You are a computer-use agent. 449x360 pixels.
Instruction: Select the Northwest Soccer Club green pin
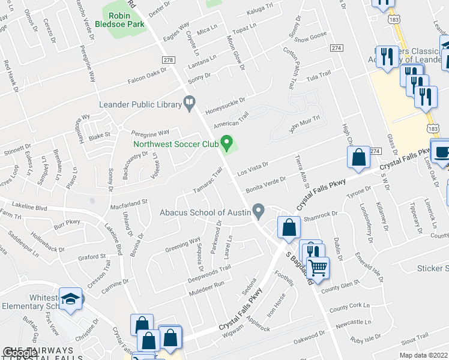(x=226, y=143)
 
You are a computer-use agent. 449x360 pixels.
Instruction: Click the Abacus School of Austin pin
(x=259, y=212)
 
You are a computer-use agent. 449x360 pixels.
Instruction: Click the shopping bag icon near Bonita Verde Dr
(x=358, y=158)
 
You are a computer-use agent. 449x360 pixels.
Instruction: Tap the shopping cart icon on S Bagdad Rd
(x=318, y=268)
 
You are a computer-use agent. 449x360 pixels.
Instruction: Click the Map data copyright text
(x=423, y=355)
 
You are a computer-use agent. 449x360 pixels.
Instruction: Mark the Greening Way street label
(x=183, y=244)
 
